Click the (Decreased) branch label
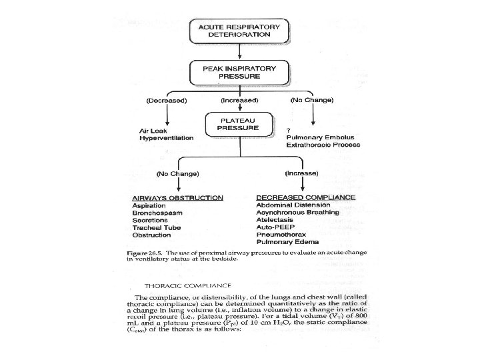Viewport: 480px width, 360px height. pos(166,100)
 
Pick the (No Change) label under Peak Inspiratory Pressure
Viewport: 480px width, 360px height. pos(312,100)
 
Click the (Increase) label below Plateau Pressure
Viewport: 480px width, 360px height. pos(302,173)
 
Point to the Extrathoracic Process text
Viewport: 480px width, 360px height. pos(323,145)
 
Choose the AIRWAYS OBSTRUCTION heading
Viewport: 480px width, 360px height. pos(177,199)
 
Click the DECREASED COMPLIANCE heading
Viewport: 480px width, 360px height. pos(306,197)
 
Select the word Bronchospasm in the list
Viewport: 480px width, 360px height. pos(157,213)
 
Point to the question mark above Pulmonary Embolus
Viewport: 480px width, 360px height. pos(287,130)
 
